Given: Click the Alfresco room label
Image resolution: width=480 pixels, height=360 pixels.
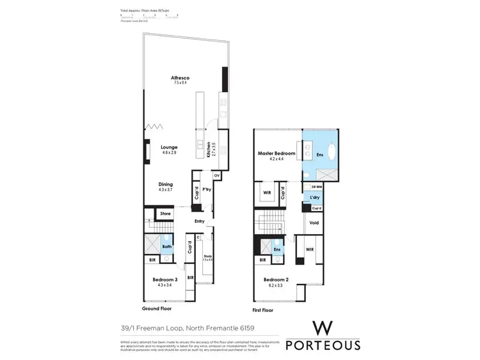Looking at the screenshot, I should [x=181, y=78].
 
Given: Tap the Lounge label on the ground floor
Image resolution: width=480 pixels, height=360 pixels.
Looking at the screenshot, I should [x=169, y=147].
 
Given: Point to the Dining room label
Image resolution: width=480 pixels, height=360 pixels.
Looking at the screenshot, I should [x=166, y=185].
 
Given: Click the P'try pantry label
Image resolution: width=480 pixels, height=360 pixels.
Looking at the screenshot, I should [x=207, y=191].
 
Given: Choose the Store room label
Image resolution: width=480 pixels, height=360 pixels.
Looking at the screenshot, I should [x=165, y=214].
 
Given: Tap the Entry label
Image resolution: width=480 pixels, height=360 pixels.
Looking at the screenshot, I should [x=200, y=221].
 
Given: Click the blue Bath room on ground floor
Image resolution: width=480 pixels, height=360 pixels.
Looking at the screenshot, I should [x=166, y=247].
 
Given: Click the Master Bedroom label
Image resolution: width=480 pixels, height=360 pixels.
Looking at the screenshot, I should [x=276, y=153].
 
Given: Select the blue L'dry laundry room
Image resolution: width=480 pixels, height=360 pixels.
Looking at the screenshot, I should [x=315, y=198].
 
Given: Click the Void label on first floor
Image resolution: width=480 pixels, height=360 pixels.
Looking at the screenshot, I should [x=314, y=223].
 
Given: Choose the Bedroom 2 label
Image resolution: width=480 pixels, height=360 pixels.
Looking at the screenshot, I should [x=276, y=279].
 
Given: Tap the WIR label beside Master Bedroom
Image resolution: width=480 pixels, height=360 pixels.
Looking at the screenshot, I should [x=267, y=191].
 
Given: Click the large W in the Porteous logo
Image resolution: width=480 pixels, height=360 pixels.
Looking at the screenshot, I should [x=323, y=329].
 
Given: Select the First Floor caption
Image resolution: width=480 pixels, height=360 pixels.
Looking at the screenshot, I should [x=262, y=310].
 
